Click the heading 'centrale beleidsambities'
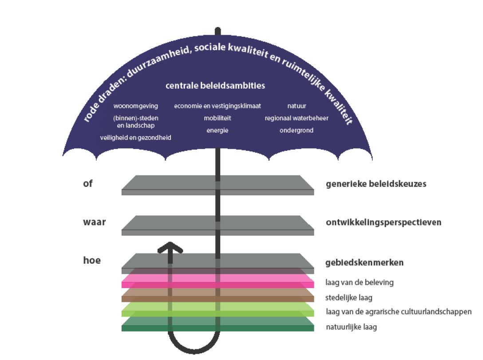[x=215, y=85]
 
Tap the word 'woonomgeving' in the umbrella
[x=136, y=106]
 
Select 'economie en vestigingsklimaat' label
[x=218, y=106]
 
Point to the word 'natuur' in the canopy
[x=297, y=106]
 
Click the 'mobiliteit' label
[x=218, y=118]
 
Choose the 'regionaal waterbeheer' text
[x=297, y=118]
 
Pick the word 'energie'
[x=218, y=131]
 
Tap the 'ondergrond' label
[x=297, y=131]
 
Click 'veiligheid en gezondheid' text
[x=136, y=138]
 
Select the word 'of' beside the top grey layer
[x=88, y=183]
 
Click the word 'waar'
[x=94, y=222]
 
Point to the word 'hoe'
[x=92, y=260]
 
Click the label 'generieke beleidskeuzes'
[x=376, y=183]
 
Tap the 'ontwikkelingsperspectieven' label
[x=384, y=222]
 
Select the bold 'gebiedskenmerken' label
[x=364, y=262]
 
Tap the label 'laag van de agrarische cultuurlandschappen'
[x=398, y=312]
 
